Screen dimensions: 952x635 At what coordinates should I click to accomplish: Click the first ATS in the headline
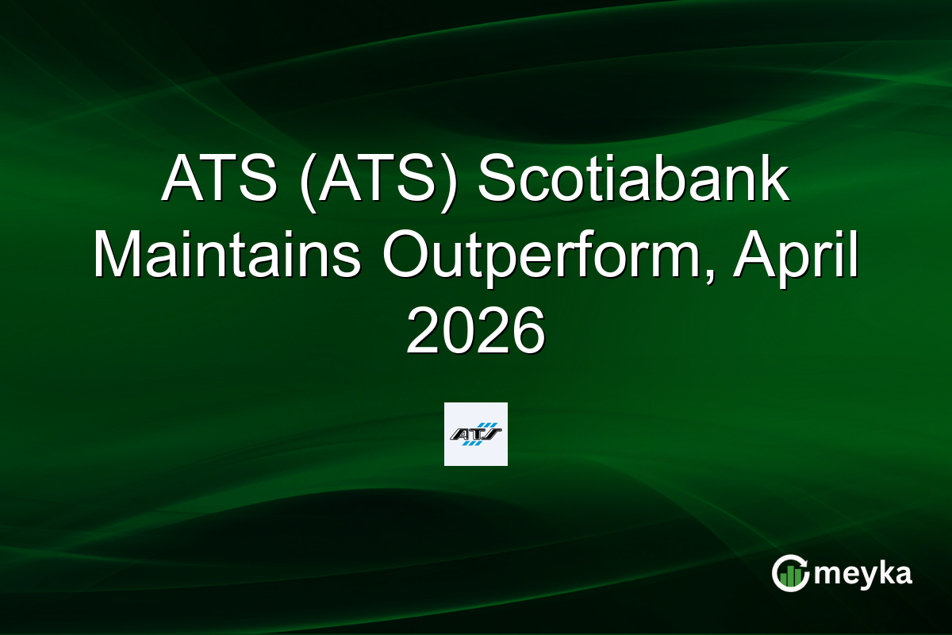pos(220,179)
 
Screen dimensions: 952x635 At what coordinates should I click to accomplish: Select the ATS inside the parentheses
pos(377,179)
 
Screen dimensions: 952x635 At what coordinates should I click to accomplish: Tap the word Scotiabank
pos(633,179)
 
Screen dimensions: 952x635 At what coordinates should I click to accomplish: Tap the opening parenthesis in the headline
pos(308,183)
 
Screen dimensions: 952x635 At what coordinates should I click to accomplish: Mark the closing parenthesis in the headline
pos(448,183)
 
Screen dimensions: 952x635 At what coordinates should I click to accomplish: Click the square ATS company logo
pos(475,434)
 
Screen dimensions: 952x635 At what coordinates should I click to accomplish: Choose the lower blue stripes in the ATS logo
pos(472,443)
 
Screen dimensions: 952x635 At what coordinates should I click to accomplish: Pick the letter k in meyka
pos(882,573)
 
